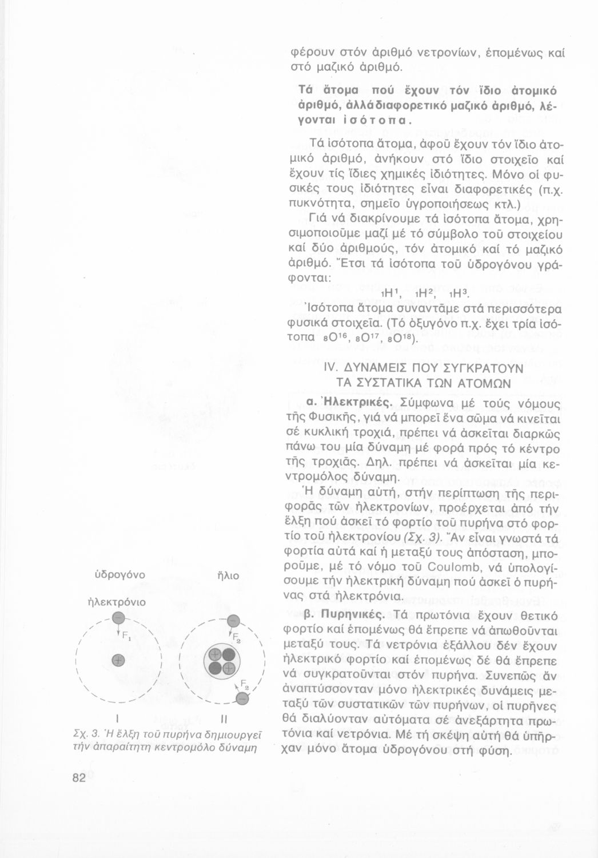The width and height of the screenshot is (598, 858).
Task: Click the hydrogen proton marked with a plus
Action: (x=118, y=660)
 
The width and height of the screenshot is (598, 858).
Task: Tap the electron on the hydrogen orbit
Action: (x=118, y=618)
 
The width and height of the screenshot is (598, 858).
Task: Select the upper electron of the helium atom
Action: (x=233, y=622)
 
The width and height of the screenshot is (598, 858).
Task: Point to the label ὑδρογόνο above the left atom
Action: (x=117, y=574)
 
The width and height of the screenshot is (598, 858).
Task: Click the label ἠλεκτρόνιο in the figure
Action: (x=117, y=602)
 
